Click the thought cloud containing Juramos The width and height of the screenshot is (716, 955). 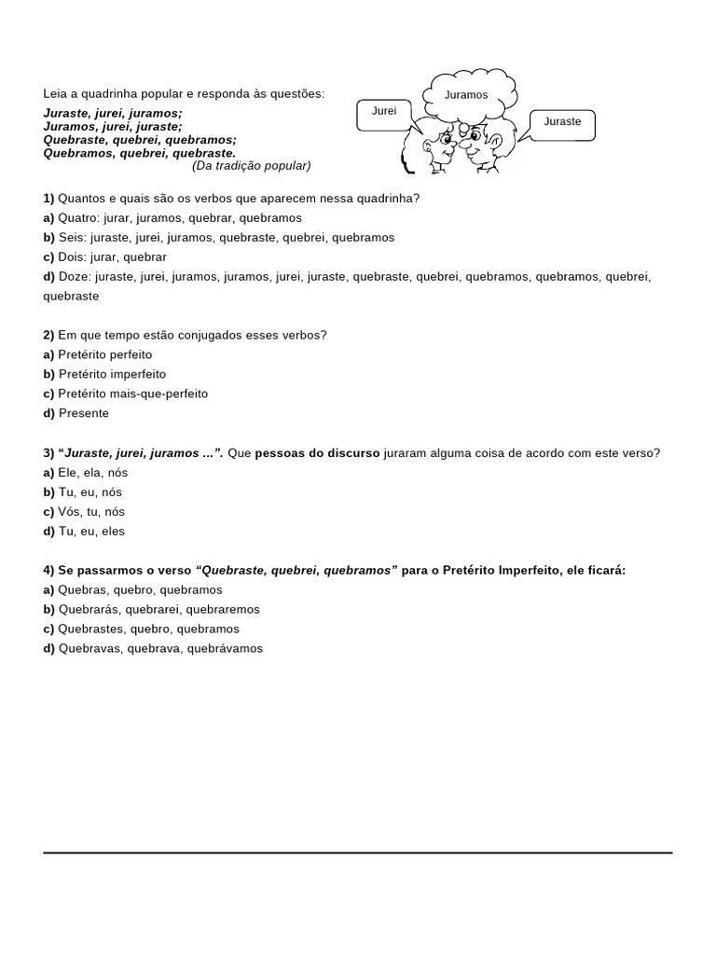pos(469,94)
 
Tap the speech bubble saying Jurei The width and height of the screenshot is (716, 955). pos(384,112)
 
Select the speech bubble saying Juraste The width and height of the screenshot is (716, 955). pos(562,123)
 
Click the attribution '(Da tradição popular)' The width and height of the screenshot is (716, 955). pos(251,166)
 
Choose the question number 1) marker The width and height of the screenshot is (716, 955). pos(48,199)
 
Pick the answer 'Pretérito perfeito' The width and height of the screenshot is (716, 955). pos(104,354)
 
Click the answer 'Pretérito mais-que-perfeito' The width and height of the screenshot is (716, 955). pos(133,394)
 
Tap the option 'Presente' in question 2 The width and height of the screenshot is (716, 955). pos(84,413)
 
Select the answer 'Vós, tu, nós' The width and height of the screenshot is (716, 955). pos(91,511)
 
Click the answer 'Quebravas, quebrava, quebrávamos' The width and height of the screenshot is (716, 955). pos(160,648)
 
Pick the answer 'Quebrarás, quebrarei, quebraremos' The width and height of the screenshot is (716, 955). pos(159,609)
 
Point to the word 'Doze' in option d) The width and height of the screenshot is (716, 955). pos(73,276)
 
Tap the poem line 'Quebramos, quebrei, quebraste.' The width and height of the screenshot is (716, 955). pos(140,153)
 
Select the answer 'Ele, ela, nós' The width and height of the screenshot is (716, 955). pos(90,473)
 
